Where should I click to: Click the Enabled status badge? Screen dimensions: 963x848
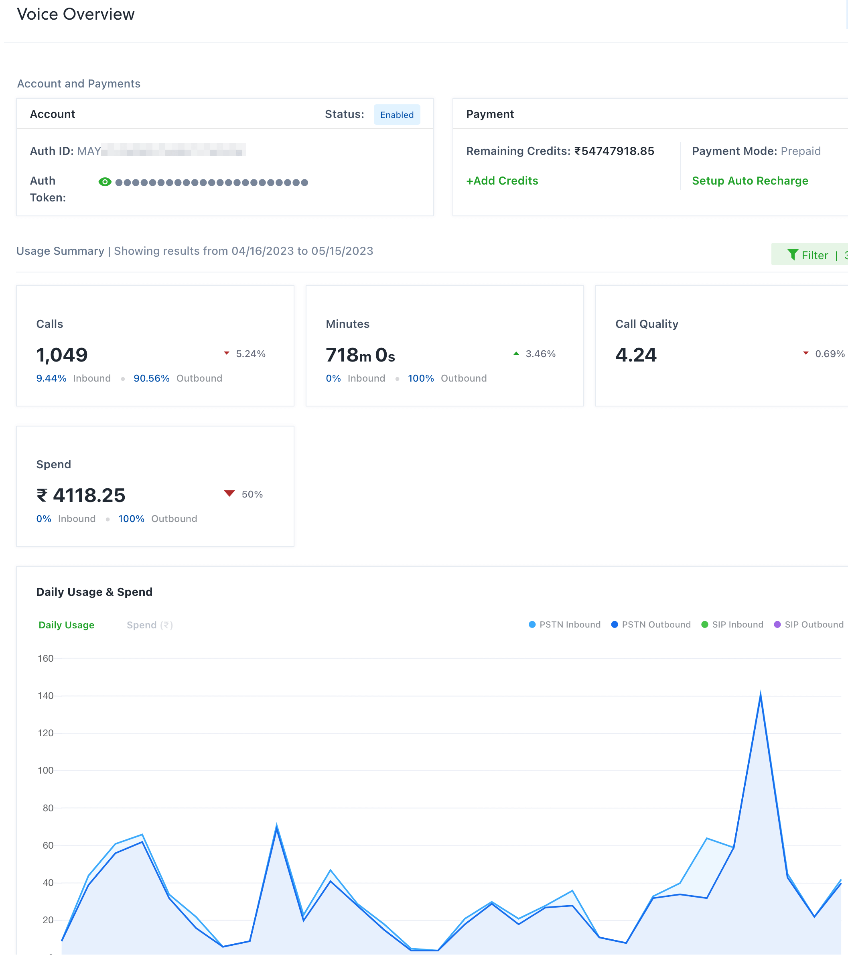397,115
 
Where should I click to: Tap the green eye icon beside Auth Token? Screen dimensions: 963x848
105,182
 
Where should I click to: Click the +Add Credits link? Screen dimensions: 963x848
502,181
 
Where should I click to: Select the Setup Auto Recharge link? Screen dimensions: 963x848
750,181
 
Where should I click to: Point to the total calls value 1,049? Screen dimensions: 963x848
62,355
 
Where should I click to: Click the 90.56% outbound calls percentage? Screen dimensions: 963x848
151,378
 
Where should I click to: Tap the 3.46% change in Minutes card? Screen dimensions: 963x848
540,354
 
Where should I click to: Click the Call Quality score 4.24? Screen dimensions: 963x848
635,355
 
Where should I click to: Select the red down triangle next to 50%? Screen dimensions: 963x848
229,493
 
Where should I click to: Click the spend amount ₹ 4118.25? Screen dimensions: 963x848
81,495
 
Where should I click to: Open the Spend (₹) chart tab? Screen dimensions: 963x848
149,625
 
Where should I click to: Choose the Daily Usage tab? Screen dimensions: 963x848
67,625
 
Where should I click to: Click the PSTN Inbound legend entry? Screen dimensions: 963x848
564,625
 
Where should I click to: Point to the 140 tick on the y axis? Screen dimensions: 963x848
46,696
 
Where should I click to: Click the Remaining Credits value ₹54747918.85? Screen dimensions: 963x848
614,151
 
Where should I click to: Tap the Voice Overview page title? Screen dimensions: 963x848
76,14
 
